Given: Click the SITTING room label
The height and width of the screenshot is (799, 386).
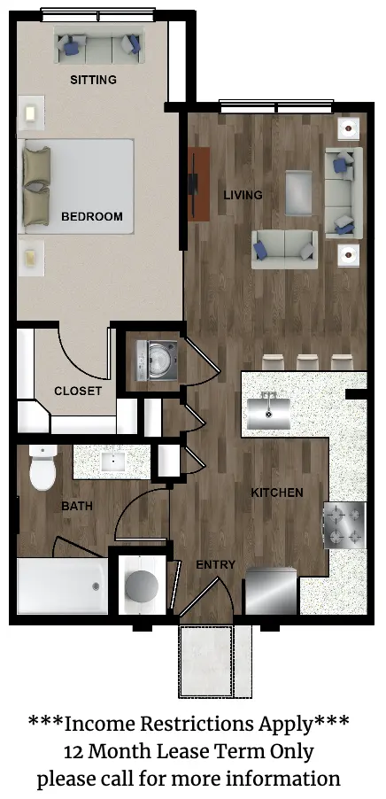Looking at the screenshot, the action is point(93,80).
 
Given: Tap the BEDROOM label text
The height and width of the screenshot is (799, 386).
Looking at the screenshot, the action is point(92,216).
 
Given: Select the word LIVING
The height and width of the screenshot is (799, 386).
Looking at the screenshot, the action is point(243,195).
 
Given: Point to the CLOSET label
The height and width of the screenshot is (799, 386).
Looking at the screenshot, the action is point(78,392).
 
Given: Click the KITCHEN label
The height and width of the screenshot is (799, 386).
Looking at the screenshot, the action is point(277,493).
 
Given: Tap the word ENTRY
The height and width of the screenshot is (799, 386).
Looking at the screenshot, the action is point(216,564).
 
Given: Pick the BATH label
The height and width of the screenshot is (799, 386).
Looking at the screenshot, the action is point(77,507).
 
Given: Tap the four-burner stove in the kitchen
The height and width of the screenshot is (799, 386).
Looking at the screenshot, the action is point(344,525).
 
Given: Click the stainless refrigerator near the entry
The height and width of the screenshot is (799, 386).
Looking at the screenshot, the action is point(272,591).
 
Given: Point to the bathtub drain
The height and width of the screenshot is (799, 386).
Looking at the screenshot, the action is point(96,586).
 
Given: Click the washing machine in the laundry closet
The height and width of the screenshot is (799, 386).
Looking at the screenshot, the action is point(157,361).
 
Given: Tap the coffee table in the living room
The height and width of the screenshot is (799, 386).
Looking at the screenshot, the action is point(299,192).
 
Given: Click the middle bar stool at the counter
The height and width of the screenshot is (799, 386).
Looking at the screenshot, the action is point(307,361).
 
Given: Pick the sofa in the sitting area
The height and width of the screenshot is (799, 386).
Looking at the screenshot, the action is point(99,46).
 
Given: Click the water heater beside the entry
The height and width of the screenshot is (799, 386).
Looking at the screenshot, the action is point(143,584).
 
